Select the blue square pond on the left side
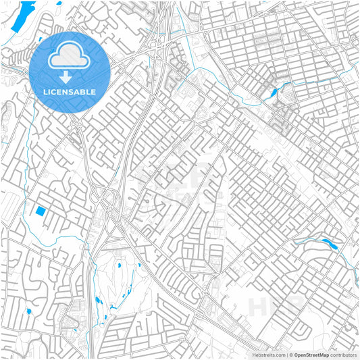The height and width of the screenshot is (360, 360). pyautogui.click(x=41, y=211)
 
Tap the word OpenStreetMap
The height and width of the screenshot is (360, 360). pyautogui.click(x=311, y=354)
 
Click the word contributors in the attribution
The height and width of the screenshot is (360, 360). pyautogui.click(x=342, y=354)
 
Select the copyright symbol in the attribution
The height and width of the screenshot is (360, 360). pyautogui.click(x=290, y=354)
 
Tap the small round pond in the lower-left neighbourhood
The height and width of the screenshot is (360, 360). pyautogui.click(x=28, y=311)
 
